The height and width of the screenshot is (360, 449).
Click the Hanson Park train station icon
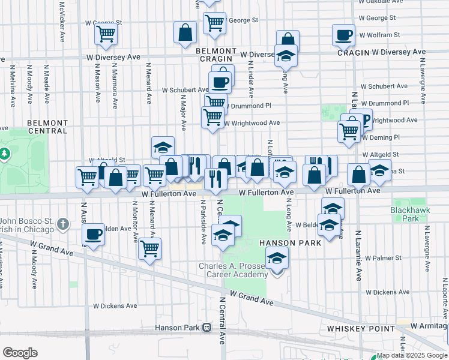click(x=207, y=328)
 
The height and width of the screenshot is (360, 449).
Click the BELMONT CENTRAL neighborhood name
click(x=47, y=127)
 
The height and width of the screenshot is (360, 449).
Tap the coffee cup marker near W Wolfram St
click(x=343, y=35)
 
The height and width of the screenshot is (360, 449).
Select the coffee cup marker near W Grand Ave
click(x=94, y=235)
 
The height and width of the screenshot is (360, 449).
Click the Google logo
click(x=20, y=353)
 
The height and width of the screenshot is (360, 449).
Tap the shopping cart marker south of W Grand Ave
click(x=149, y=249)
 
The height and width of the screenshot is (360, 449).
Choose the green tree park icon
click(x=5, y=155)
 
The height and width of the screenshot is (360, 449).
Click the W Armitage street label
click(x=429, y=326)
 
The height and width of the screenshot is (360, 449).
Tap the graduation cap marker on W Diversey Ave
click(x=286, y=56)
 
